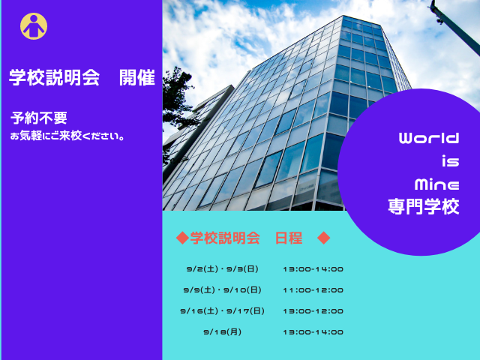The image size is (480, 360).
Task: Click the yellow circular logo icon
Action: tap(34, 27)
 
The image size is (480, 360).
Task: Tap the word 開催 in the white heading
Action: tap(137, 78)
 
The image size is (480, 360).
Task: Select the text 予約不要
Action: tap(39, 118)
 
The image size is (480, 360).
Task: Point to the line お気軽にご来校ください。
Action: tap(67, 136)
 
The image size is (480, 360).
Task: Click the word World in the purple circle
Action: tap(428, 139)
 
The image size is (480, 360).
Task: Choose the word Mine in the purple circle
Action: tap(436, 184)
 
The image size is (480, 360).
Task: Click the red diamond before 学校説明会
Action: tap(181, 238)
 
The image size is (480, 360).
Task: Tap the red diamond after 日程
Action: tap(323, 238)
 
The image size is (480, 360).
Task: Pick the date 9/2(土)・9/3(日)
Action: tap(222, 268)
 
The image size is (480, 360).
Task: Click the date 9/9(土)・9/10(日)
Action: tap(222, 289)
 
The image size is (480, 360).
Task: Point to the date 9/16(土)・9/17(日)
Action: tap(222, 310)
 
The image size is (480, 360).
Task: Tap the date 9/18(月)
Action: tap(222, 331)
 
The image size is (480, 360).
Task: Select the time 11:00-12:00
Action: tap(313, 289)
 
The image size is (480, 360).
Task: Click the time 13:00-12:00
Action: tap(313, 310)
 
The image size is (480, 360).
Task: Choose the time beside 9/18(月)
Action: tap(313, 331)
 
